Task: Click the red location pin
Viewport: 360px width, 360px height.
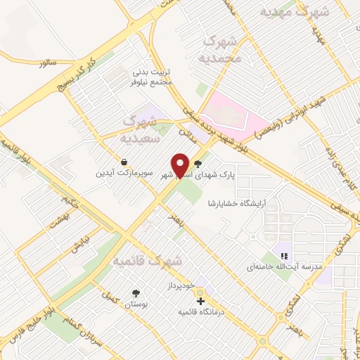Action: point(181,165)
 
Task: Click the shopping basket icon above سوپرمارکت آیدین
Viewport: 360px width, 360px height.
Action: point(124,160)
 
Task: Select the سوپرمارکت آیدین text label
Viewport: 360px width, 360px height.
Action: point(124,172)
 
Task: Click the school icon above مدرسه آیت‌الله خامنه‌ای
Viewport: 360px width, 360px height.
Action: point(284,256)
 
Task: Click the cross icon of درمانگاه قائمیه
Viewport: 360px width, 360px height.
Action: point(201,300)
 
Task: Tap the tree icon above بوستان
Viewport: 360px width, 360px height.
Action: point(134,292)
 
